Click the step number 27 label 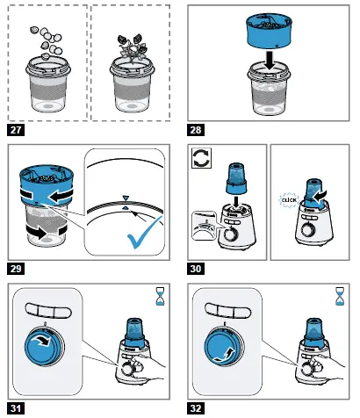[16, 130]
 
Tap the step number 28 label [196, 130]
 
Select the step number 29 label [16, 269]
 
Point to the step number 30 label [196, 269]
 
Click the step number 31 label [16, 408]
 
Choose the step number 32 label [196, 408]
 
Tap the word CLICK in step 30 [289, 200]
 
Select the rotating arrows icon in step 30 [202, 158]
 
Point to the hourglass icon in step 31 [160, 296]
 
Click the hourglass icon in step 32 [340, 296]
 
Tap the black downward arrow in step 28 [270, 60]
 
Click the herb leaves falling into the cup [132, 47]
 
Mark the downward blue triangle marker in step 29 [126, 198]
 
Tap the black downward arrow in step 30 [236, 199]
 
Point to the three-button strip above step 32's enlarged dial [227, 311]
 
